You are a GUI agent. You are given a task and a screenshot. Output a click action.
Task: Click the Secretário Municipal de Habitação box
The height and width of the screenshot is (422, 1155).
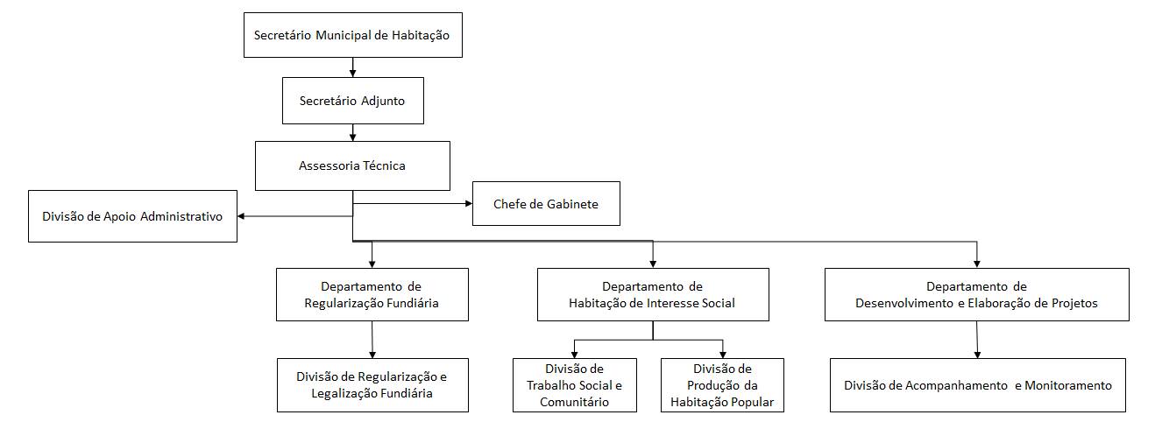[x=351, y=36]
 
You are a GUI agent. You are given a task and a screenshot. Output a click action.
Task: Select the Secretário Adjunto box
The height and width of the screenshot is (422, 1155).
[x=353, y=101]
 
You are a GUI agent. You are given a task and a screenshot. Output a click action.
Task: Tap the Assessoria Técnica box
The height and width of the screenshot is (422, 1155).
[x=351, y=165]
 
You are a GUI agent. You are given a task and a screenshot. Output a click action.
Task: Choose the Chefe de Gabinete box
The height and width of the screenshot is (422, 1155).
[x=545, y=204]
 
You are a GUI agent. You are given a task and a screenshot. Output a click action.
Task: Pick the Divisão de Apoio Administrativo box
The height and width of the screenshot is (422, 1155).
[x=132, y=215]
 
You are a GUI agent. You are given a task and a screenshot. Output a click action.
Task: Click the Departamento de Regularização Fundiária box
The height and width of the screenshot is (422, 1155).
[x=372, y=295]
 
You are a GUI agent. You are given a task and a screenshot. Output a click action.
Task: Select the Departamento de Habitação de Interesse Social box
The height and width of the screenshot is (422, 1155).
[x=652, y=295]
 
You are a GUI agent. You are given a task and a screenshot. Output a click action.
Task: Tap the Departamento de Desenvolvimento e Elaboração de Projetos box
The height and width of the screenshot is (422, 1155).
[x=976, y=295]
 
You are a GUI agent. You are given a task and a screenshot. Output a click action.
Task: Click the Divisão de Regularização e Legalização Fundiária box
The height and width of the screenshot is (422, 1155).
[x=372, y=385]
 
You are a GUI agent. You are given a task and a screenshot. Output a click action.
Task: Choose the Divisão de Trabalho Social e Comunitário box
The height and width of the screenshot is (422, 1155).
[x=574, y=385]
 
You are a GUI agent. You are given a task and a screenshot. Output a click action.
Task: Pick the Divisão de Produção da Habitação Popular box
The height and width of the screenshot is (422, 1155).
[x=722, y=385]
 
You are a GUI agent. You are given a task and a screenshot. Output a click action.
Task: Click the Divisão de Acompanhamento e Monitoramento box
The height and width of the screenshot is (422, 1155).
[x=977, y=385]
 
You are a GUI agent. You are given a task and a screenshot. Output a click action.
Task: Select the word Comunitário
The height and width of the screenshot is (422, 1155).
[x=573, y=402]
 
